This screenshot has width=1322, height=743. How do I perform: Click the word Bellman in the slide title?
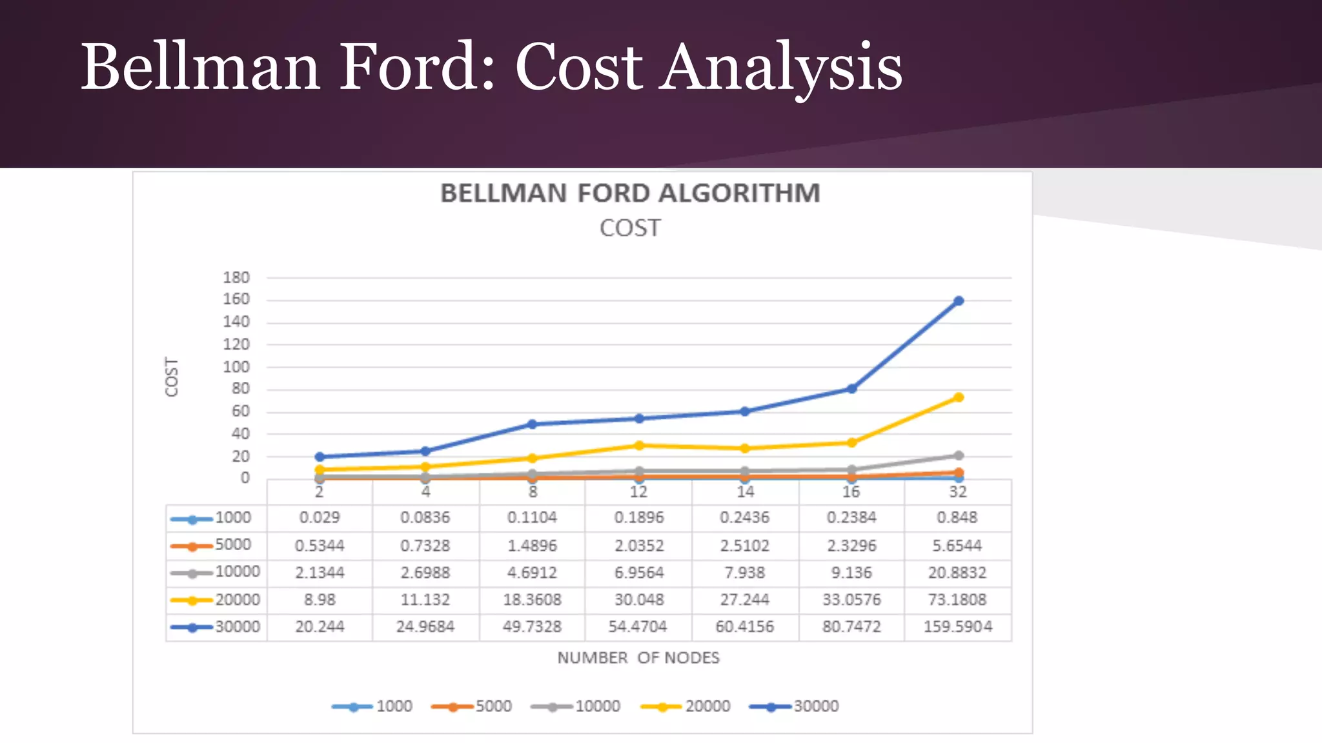point(200,67)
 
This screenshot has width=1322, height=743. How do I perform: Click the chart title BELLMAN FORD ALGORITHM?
point(630,193)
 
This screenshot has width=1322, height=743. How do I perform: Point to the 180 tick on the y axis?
point(236,277)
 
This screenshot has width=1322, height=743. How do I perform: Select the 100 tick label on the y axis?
point(236,367)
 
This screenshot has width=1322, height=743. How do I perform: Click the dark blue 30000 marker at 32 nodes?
point(959,301)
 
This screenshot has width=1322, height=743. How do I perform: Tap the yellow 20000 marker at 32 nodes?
point(959,397)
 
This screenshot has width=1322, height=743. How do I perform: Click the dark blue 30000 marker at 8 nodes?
point(532,424)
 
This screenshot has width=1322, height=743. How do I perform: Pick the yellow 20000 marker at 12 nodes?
point(639,445)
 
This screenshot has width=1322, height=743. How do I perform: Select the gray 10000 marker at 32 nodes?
point(959,455)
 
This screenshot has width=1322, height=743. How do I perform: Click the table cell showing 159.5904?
point(958,627)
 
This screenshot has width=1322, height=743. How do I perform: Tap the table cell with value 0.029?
point(320,518)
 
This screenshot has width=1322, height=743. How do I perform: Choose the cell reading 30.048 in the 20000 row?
point(639,600)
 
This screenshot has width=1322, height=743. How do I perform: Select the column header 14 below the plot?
point(745,492)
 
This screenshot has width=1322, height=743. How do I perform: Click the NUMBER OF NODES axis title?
point(638,658)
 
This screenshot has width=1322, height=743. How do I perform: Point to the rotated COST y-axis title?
point(172,377)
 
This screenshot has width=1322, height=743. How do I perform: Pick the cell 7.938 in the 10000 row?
point(745,573)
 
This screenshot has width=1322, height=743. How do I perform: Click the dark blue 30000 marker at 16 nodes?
point(851,389)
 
